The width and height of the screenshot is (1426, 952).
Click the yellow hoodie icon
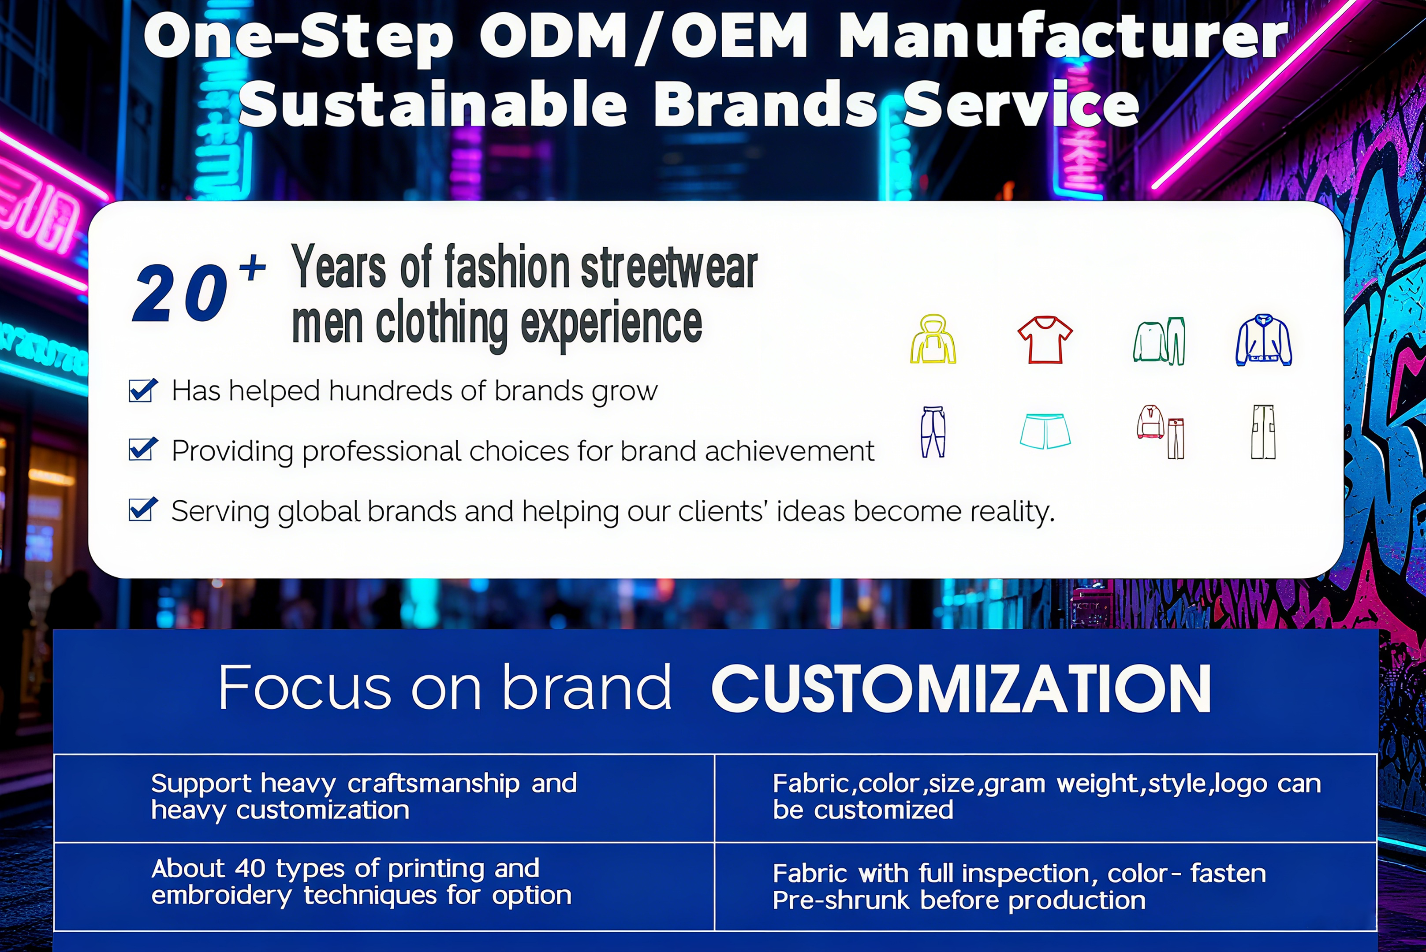pos(933,339)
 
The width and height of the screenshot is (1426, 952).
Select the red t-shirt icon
pos(1045,339)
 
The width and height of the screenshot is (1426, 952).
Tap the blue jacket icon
pos(1263,340)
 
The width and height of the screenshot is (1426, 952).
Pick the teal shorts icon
pos(1045,431)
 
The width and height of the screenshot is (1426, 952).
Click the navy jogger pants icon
pos(933,431)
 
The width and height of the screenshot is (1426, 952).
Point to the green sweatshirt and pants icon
pos(1159,341)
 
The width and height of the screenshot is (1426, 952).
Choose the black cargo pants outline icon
pos(1263,431)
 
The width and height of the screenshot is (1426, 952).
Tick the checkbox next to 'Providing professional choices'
pos(143,449)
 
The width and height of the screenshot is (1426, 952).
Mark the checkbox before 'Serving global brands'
pos(143,509)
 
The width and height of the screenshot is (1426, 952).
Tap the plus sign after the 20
pos(252,268)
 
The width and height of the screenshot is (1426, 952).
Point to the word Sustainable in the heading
pos(433,104)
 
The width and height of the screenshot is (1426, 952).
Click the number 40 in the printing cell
pos(250,869)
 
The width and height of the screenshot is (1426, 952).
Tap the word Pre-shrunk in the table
pos(841,900)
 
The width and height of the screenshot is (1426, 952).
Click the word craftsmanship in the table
pos(433,784)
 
